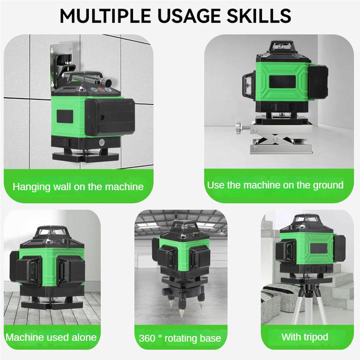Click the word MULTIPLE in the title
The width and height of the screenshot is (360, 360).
point(105,16)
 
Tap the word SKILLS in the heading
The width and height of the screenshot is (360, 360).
point(259,16)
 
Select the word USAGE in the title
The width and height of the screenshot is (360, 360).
point(188,16)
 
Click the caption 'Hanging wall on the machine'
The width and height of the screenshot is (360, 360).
point(78,186)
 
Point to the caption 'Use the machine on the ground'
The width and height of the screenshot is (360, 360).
point(275,185)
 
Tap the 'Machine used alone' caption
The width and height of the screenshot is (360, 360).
point(51,337)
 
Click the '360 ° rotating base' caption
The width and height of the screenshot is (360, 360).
point(180,338)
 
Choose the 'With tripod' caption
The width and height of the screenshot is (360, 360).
point(304,337)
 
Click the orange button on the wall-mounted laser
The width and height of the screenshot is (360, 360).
point(101,90)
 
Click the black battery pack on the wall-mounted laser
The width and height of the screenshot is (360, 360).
point(109,117)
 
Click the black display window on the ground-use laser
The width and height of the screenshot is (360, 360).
point(282,81)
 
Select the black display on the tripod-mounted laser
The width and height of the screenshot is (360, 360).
point(318,248)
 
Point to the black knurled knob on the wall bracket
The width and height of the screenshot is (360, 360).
point(107,81)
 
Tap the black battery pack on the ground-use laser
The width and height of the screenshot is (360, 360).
point(318,82)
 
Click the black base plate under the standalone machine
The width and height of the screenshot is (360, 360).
point(52,304)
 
